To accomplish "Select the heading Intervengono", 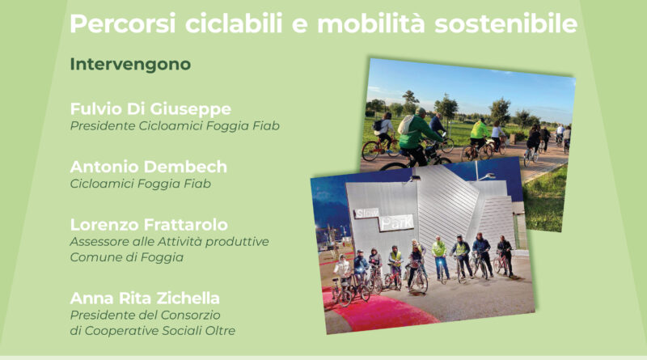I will coord(130,65).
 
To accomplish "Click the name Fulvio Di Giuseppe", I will coord(150,109).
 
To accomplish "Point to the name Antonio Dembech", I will coord(149,167).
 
